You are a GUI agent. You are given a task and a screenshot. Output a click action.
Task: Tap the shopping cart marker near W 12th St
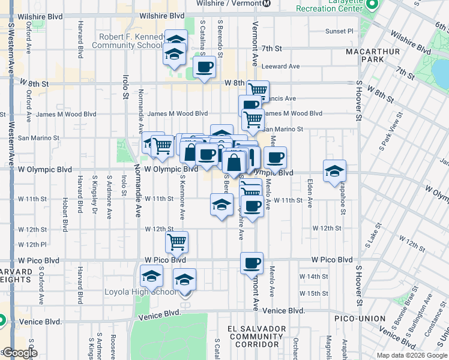click(x=176, y=242)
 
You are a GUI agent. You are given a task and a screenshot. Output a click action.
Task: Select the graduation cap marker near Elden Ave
click(x=334, y=171)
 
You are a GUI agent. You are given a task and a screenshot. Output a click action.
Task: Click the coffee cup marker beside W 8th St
click(x=204, y=67)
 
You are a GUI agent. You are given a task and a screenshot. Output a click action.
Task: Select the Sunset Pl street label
click(x=340, y=31)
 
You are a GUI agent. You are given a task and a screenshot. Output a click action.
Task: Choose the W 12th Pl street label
click(x=32, y=244)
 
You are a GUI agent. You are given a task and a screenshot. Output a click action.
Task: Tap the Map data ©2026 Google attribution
click(x=411, y=355)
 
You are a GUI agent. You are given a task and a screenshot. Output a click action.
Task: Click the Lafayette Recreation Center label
click(x=332, y=7)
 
